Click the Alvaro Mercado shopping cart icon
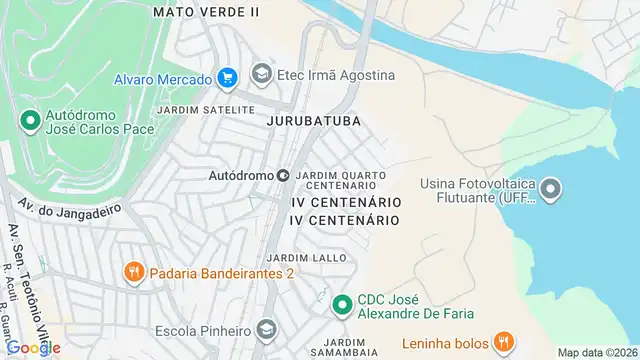(x=227, y=78)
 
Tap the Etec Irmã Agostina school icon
(x=262, y=74)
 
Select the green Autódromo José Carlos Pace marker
(x=30, y=122)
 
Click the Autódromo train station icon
(x=283, y=175)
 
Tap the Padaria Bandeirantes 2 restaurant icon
(x=132, y=271)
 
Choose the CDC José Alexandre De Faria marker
(x=342, y=303)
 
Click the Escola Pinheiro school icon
(x=266, y=329)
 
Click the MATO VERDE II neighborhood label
(x=206, y=11)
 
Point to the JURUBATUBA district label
(x=312, y=119)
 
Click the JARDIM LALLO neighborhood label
(x=314, y=257)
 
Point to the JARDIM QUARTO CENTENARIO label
(x=342, y=180)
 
